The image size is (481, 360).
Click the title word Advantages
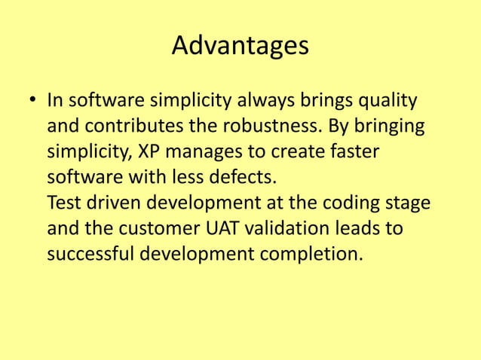[240, 46]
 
